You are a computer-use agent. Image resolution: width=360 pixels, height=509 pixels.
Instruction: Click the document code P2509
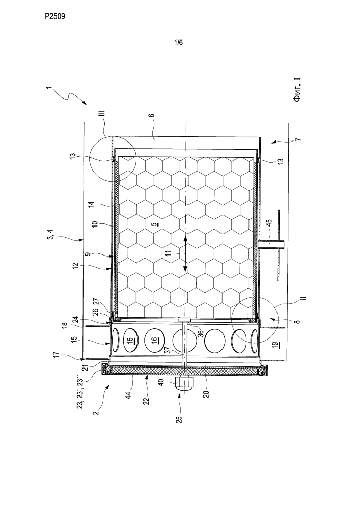coord(55,16)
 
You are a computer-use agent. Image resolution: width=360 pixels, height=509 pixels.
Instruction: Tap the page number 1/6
coord(179,43)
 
